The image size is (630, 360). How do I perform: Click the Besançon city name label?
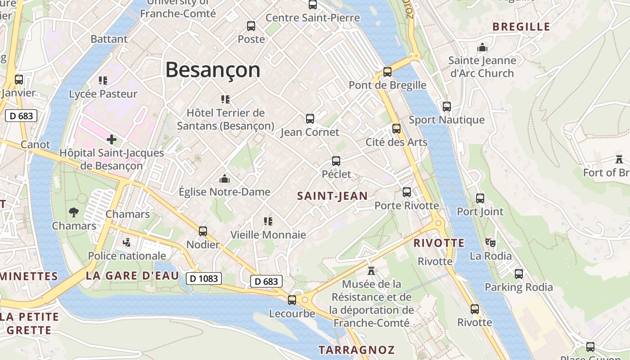pos(213,70)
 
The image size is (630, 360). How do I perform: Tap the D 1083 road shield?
pos(204,279)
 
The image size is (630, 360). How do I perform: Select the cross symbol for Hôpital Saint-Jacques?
pos(112,139)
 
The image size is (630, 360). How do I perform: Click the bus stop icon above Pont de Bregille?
pos(387,72)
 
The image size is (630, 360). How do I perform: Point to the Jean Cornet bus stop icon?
pos(310,119)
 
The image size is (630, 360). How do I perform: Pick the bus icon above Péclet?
pos(336,161)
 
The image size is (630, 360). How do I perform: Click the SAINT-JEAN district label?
pos(333,196)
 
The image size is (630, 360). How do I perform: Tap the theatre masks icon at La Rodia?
pos(490,242)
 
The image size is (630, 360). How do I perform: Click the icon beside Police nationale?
pos(127,242)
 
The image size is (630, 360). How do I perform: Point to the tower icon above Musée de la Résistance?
pos(371,271)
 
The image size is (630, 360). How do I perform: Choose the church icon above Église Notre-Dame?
pos(225,179)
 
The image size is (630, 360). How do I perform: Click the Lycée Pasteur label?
pos(103,94)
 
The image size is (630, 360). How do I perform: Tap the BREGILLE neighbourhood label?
pos(521,27)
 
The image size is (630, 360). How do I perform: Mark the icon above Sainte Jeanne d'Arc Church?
pos(482,47)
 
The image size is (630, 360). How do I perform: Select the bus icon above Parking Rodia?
pos(518,274)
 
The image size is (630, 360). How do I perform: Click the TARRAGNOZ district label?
pos(356,350)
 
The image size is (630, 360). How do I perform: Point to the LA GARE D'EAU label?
pos(132,276)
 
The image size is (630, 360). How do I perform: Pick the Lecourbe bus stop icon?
pos(292,300)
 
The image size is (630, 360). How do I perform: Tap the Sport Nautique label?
pos(446,120)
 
